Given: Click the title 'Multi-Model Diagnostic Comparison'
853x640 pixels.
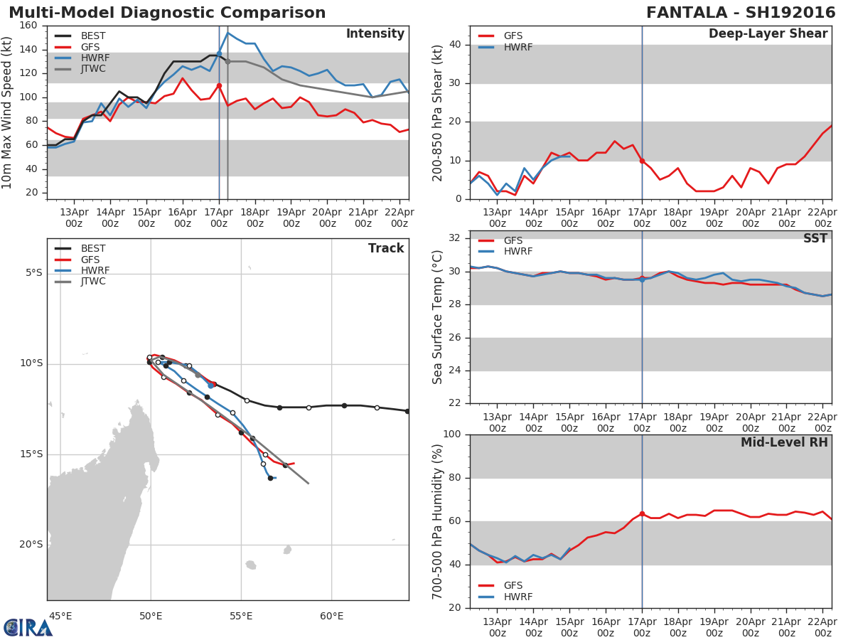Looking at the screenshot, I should point(167,13).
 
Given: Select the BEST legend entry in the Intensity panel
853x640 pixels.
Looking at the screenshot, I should point(93,36).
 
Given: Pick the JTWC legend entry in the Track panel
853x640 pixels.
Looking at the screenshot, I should point(93,282).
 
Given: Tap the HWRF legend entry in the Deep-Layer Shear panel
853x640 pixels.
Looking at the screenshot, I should point(517,47).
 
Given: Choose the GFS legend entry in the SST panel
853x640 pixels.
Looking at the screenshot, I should point(513,240).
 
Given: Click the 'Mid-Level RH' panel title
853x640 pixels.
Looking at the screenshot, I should point(784,442).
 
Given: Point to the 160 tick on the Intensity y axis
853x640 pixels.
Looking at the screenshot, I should point(29,26).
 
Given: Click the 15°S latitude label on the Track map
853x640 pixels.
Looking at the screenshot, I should point(31,454).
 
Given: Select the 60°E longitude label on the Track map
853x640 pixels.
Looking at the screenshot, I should point(331,616).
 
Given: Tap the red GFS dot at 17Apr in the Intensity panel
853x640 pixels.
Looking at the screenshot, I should point(219,85).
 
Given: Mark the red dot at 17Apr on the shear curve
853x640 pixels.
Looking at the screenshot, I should point(642,161).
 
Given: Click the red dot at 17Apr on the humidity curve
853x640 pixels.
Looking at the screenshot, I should point(642,513).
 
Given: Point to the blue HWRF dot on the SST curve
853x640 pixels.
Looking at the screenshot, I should point(642,279).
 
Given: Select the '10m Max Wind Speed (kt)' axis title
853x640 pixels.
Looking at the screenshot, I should point(8,112).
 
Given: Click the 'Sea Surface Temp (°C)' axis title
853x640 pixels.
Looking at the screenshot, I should point(438,317).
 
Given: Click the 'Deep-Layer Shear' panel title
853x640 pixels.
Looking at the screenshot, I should point(768,34).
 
